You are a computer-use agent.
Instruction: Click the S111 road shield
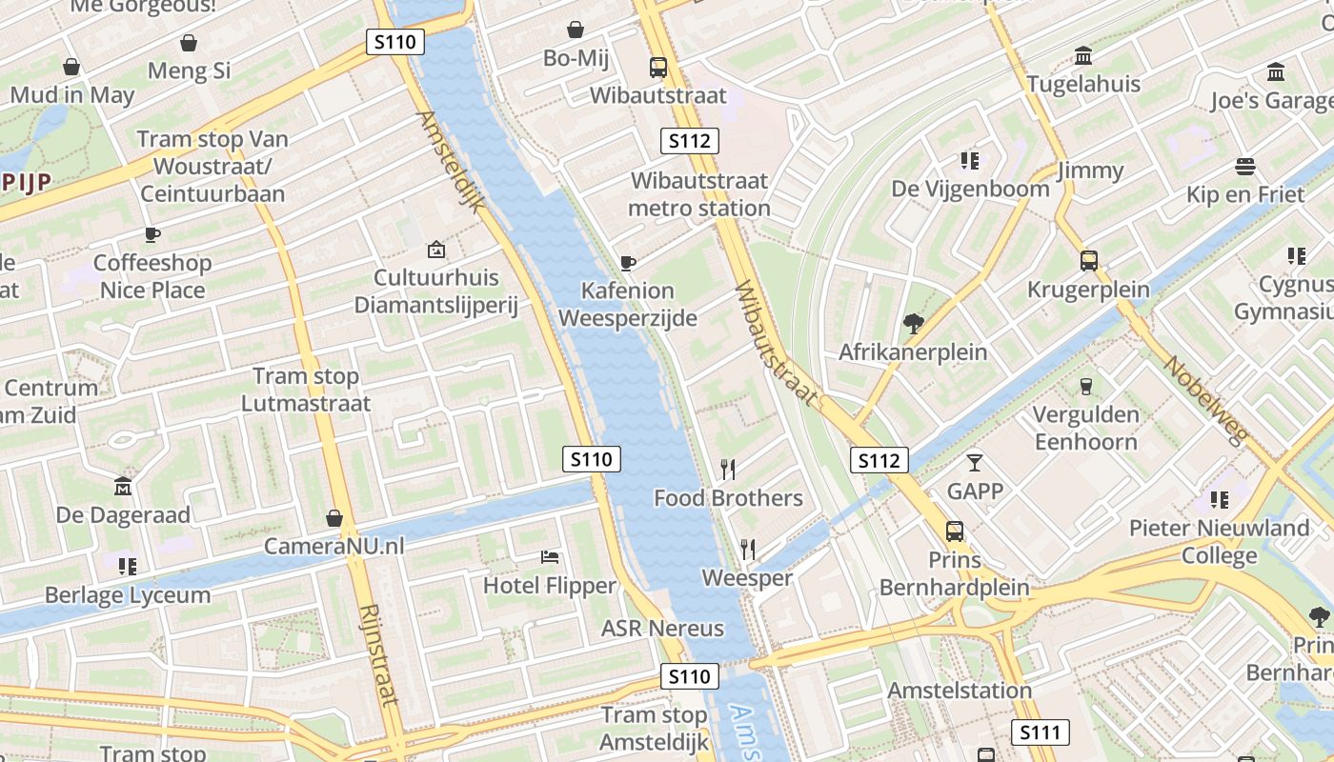coord(1040,732)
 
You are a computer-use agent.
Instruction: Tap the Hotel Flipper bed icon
coord(550,557)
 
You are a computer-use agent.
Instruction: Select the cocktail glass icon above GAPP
coord(974,463)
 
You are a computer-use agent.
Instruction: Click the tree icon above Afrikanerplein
coord(913,324)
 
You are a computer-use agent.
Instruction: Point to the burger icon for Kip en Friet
coord(1244,167)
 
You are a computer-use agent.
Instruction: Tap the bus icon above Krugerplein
coord(1088,261)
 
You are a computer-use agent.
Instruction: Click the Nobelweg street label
coord(1204,401)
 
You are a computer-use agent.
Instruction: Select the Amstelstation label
coord(960,690)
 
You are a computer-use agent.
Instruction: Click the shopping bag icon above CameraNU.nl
coord(333,518)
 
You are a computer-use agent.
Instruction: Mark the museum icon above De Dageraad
coord(123,487)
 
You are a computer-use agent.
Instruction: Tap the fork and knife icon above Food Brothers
coord(728,469)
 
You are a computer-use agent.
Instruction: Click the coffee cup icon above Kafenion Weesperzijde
coord(627,263)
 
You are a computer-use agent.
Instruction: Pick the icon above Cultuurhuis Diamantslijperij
coord(435,251)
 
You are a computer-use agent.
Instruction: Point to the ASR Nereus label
coord(662,629)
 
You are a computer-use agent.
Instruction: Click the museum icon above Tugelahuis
coord(1083,56)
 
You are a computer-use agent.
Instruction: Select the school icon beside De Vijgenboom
coord(970,160)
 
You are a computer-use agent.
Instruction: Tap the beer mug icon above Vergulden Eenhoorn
coord(1085,386)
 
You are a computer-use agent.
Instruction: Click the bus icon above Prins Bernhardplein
coord(954,531)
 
